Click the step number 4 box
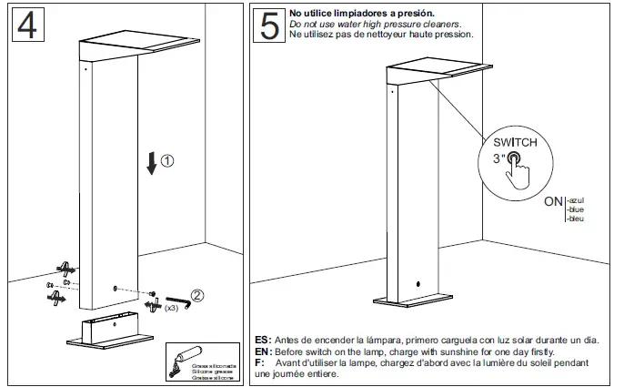[26, 25]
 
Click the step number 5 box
[269, 25]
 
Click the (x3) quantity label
[170, 309]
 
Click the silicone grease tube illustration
[190, 354]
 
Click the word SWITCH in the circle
[515, 142]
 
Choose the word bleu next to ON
[575, 219]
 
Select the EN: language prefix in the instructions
[262, 351]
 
